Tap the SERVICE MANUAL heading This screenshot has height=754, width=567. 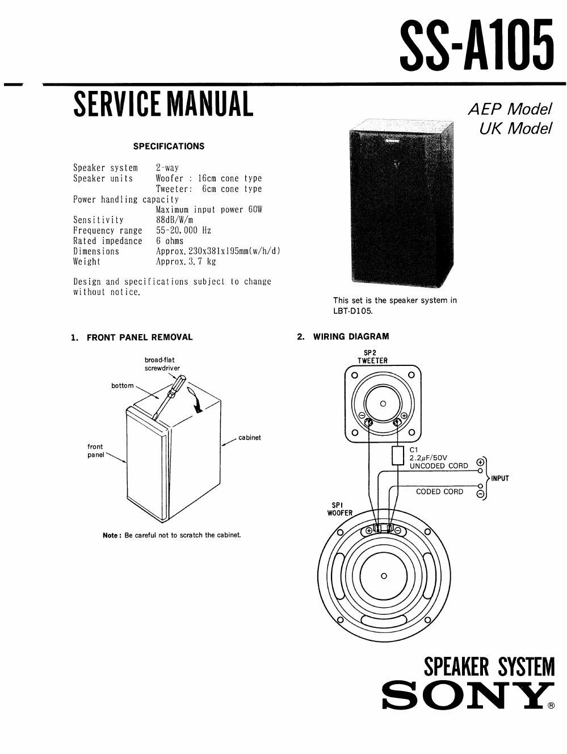click(163, 105)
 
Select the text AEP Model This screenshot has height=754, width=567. click(510, 109)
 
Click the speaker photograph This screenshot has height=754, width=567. click(401, 203)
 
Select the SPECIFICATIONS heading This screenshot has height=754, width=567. click(169, 147)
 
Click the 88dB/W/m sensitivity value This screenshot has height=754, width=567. click(175, 220)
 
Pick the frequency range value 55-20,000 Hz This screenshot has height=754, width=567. click(183, 231)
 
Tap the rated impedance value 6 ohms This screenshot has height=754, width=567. click(170, 241)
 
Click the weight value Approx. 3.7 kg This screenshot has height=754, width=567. click(186, 262)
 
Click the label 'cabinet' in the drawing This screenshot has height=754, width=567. click(250, 438)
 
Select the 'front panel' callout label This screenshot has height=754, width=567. click(95, 451)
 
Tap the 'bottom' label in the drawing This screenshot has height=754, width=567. click(123, 386)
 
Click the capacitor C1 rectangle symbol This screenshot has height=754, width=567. click(398, 455)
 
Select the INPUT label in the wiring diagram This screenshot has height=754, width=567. click(500, 478)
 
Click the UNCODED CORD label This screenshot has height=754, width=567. click(439, 466)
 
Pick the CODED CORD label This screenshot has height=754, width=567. click(439, 491)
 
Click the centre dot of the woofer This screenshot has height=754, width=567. click(384, 576)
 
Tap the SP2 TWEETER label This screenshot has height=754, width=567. click(372, 357)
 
